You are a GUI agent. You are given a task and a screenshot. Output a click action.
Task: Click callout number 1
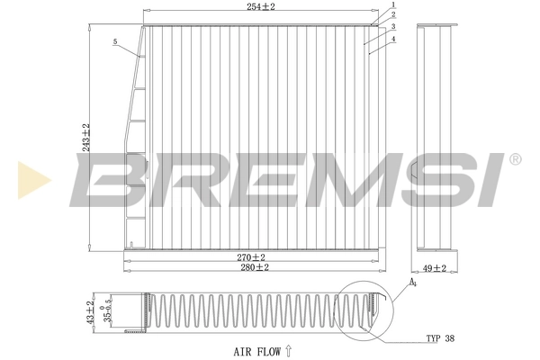(392, 5)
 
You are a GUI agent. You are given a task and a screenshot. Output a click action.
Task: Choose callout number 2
(392, 15)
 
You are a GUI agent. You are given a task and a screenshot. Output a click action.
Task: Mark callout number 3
(392, 27)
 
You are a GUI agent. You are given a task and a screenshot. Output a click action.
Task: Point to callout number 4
(392, 39)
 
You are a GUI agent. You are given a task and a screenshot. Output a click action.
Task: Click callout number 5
(115, 41)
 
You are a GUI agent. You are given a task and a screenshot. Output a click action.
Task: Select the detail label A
(413, 283)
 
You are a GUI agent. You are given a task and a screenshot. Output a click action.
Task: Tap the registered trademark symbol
(515, 159)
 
